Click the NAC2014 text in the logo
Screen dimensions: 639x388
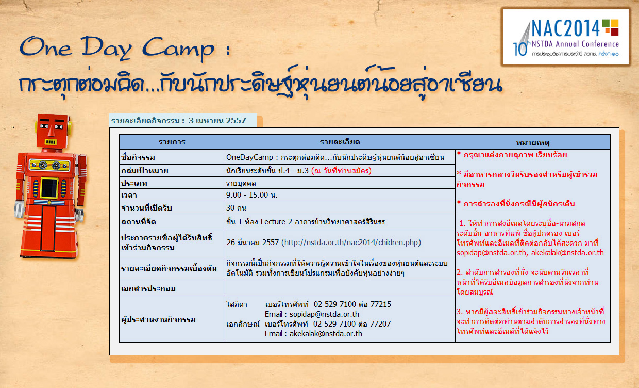coord(566,28)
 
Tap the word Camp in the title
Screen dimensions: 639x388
coord(178,48)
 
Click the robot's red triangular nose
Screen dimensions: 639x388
coord(52,131)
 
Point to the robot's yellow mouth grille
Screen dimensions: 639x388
coord(51,142)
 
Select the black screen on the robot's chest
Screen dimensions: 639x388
coord(49,188)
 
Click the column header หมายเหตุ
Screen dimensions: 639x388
coord(533,142)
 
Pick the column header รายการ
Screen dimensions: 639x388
coord(172,142)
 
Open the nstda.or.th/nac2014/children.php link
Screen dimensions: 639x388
coord(351,242)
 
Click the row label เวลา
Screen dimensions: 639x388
coord(129,196)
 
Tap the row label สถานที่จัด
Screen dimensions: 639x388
coord(138,222)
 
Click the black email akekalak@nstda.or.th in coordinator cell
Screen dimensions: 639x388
coord(326,334)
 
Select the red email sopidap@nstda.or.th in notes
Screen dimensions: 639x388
coord(491,253)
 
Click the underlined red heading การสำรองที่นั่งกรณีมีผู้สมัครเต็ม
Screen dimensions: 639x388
coord(519,204)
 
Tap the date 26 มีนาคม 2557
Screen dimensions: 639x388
coord(253,242)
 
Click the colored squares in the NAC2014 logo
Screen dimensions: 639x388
coord(611,27)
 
